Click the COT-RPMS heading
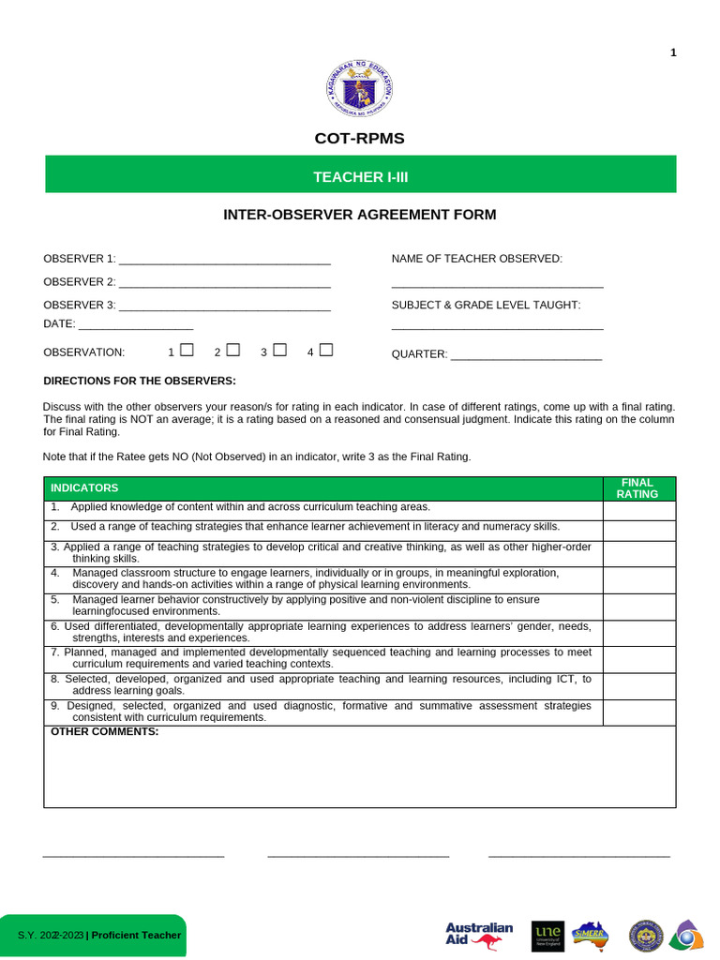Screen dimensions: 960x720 pyautogui.click(x=360, y=139)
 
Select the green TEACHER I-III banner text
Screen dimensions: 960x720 pyautogui.click(x=360, y=176)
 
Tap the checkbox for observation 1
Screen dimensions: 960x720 pyautogui.click(x=187, y=351)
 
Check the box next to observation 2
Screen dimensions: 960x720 pyautogui.click(x=232, y=351)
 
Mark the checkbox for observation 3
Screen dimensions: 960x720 pyautogui.click(x=279, y=351)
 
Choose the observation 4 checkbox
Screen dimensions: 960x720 pyautogui.click(x=325, y=351)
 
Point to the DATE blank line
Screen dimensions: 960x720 pyautogui.click(x=136, y=327)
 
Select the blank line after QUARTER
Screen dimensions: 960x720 pyautogui.click(x=526, y=357)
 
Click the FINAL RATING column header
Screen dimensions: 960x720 pyautogui.click(x=637, y=488)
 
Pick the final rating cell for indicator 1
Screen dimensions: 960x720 pyautogui.click(x=638, y=510)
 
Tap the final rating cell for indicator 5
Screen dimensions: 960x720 pyautogui.click(x=638, y=606)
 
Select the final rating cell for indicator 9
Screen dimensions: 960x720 pyautogui.click(x=638, y=712)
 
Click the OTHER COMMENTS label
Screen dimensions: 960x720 pyautogui.click(x=105, y=731)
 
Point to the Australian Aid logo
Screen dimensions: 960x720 pyautogui.click(x=479, y=935)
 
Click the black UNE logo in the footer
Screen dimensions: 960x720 pyautogui.click(x=547, y=935)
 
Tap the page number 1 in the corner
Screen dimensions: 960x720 pyautogui.click(x=673, y=52)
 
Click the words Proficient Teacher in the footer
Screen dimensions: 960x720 pyautogui.click(x=136, y=936)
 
